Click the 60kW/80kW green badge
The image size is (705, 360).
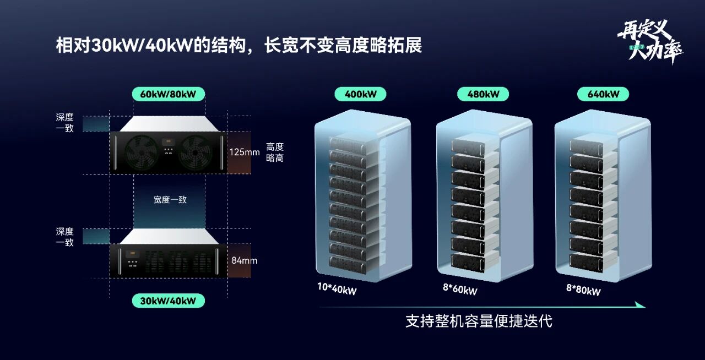168,94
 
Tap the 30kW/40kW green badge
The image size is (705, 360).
168,301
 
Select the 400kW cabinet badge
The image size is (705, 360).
360,94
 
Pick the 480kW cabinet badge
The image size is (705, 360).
483,94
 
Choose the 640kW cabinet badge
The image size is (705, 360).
603,94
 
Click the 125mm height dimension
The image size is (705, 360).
244,152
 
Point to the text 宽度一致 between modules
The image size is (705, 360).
170,200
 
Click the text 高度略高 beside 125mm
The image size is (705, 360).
275,152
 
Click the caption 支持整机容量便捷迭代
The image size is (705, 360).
479,321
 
